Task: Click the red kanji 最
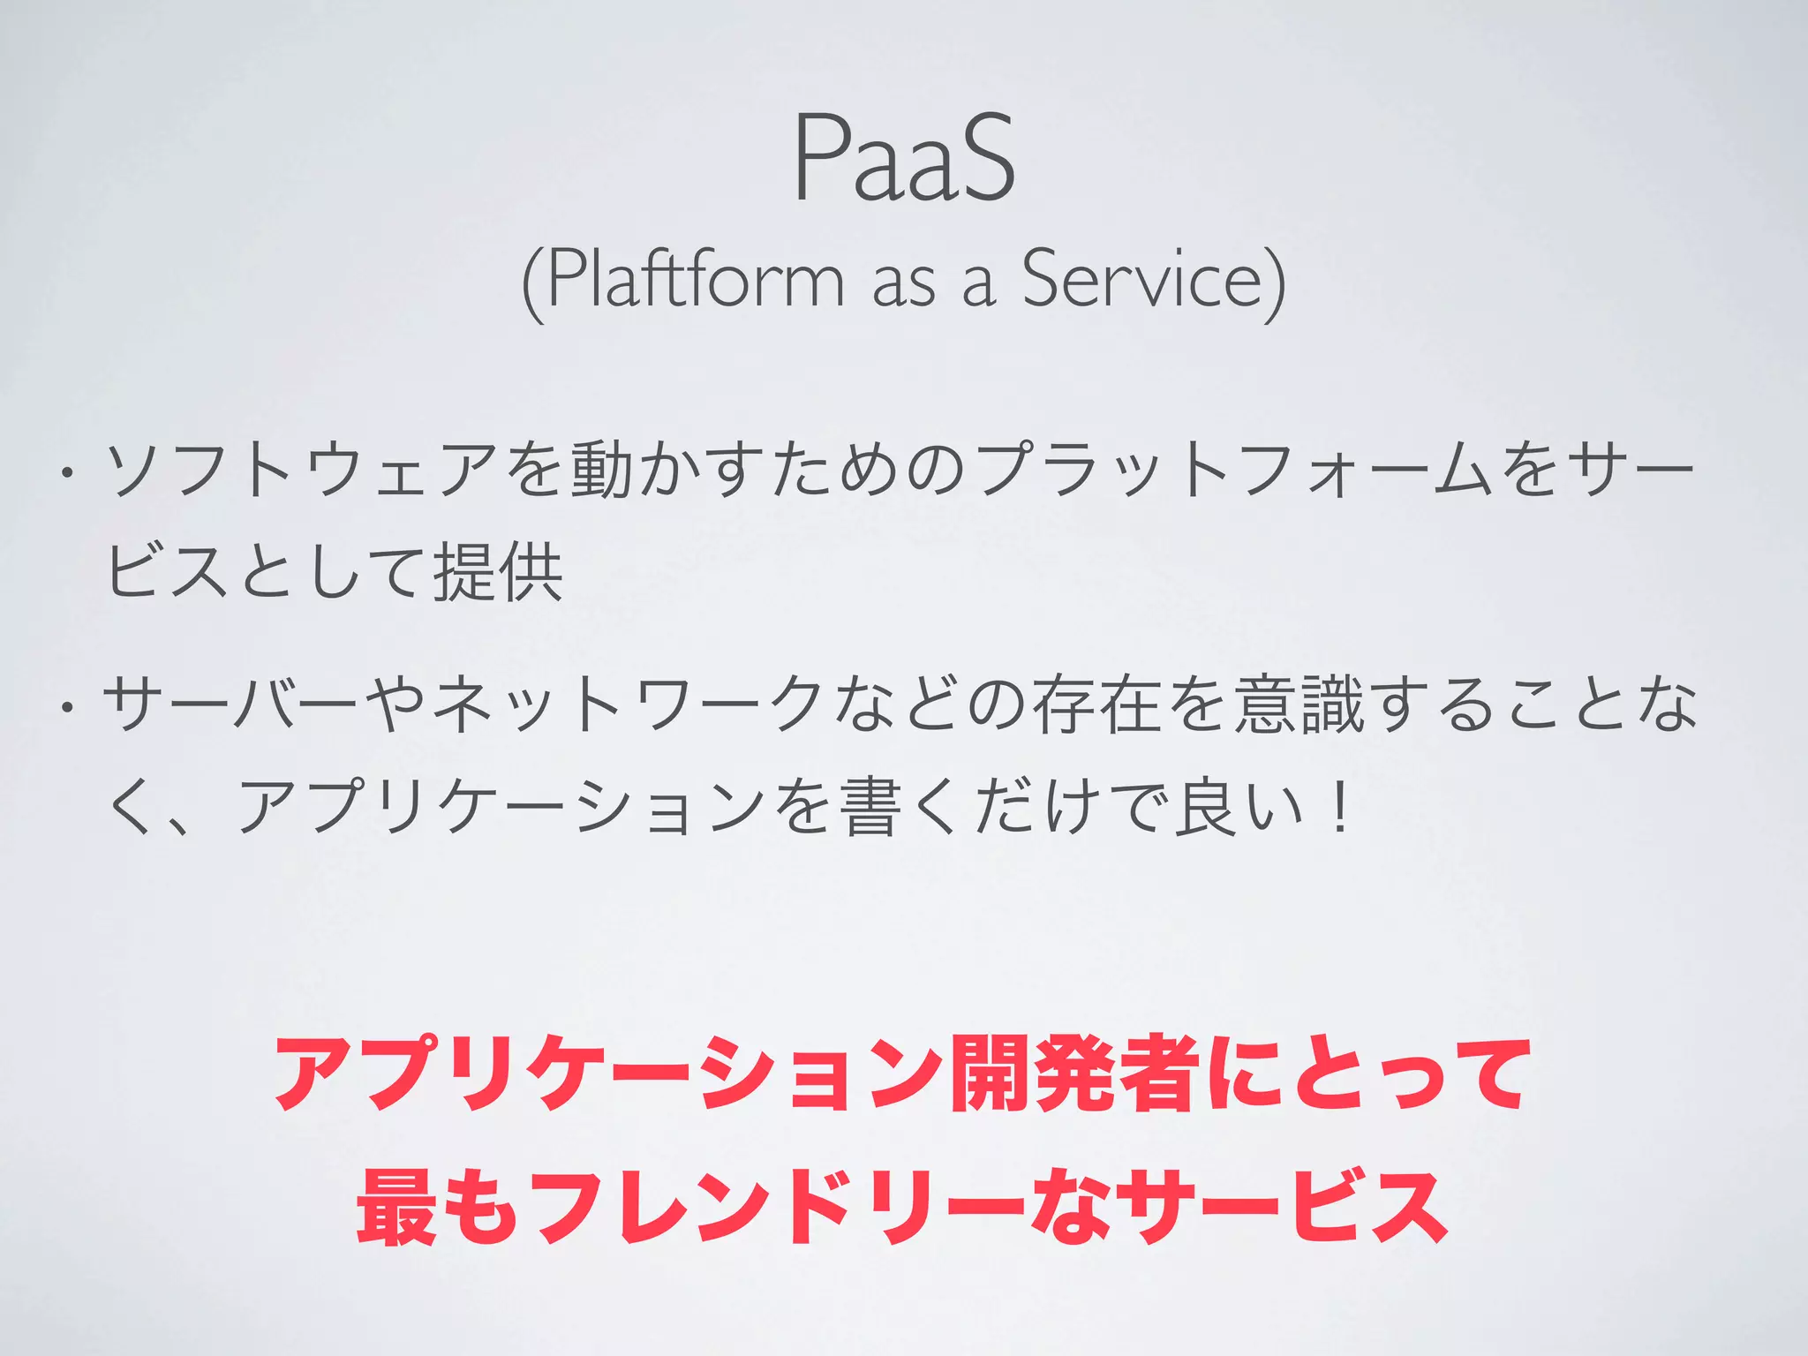coord(396,1207)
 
